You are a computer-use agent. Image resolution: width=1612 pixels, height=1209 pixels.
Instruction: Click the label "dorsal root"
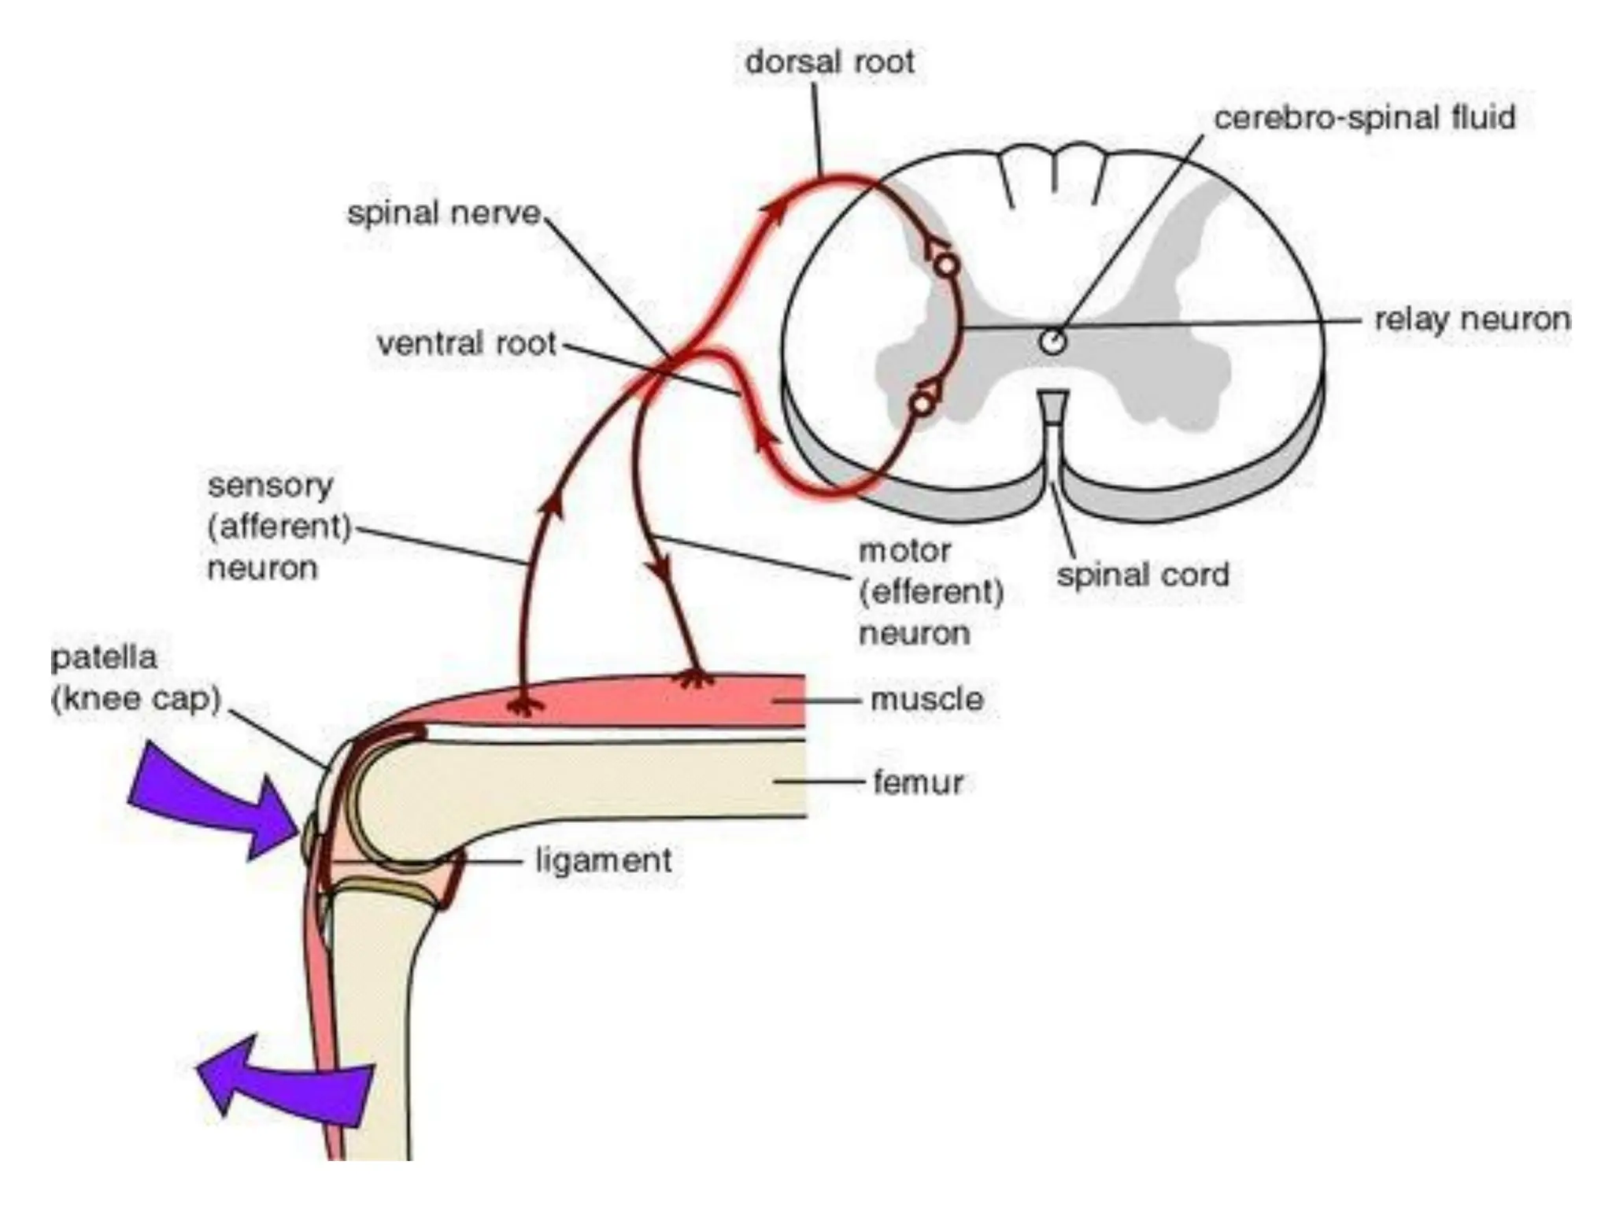point(830,62)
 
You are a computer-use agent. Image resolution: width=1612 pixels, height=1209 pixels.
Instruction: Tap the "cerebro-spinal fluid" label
point(1364,118)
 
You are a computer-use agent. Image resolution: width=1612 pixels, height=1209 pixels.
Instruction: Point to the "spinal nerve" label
point(445,213)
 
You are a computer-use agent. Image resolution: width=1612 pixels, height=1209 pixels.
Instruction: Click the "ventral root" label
point(467,344)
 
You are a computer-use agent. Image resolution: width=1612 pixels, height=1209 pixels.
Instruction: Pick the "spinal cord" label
point(1143,574)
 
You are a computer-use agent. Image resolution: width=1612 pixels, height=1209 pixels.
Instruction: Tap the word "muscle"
point(927,699)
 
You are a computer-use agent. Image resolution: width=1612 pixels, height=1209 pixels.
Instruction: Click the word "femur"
point(919,782)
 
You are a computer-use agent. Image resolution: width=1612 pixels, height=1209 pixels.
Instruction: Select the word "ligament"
point(604,860)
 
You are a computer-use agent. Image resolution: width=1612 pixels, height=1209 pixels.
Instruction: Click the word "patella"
point(104,658)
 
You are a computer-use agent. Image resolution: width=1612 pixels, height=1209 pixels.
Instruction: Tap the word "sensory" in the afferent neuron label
point(270,486)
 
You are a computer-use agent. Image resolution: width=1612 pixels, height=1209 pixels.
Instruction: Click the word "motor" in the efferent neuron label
point(904,550)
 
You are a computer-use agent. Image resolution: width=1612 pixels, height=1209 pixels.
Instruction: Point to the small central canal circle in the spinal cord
point(1052,342)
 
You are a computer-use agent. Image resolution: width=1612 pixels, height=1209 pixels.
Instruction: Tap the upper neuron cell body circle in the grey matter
point(948,265)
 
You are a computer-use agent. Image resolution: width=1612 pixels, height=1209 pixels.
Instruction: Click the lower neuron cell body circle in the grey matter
point(922,404)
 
